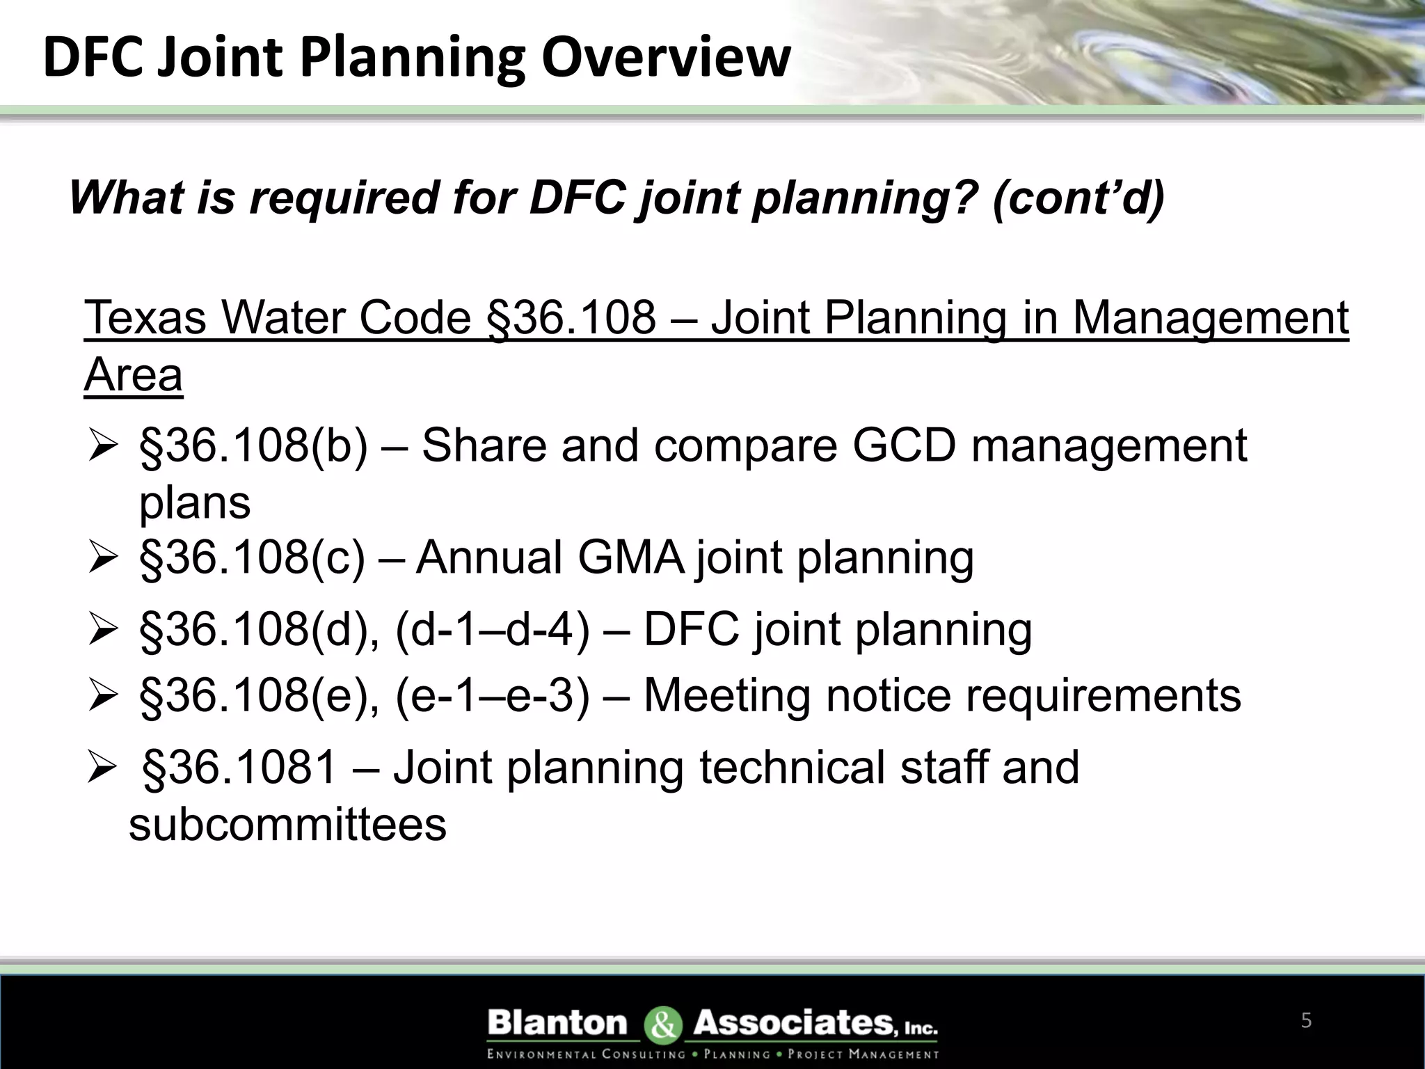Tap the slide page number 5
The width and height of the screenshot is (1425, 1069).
coord(1306,1021)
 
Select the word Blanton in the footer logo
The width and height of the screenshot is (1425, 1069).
coord(557,1023)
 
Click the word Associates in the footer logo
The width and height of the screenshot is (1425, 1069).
coord(793,1023)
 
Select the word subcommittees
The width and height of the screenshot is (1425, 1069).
coord(287,825)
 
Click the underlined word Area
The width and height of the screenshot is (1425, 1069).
coord(133,375)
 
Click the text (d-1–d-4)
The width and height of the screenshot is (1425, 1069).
coord(492,629)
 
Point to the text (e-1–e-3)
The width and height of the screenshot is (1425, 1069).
coord(492,695)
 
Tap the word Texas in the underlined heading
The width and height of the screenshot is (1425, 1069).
coord(145,318)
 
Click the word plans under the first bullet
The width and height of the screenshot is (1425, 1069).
coord(194,502)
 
